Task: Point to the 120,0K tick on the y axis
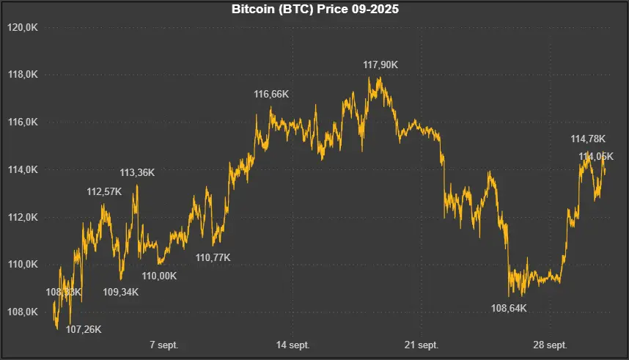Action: pos(22,27)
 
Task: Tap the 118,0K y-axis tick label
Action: pos(22,75)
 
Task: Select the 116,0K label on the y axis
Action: pos(22,122)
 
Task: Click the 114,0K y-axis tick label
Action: pos(22,170)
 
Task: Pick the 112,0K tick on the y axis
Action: pos(22,218)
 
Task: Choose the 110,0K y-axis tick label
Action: pos(22,265)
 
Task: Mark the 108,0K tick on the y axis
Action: pos(22,312)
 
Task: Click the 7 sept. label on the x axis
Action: pos(163,345)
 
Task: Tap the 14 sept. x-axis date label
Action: pos(293,345)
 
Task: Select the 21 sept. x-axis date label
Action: pos(422,345)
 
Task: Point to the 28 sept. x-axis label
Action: pos(550,345)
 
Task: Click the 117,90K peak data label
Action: pos(380,65)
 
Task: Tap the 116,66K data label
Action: pos(271,94)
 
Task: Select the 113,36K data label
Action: pos(137,173)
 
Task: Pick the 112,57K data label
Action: pos(105,192)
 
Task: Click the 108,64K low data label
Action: pos(509,308)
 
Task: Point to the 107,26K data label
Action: pos(84,330)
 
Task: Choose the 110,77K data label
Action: pos(213,257)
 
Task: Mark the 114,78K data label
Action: pos(588,139)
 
